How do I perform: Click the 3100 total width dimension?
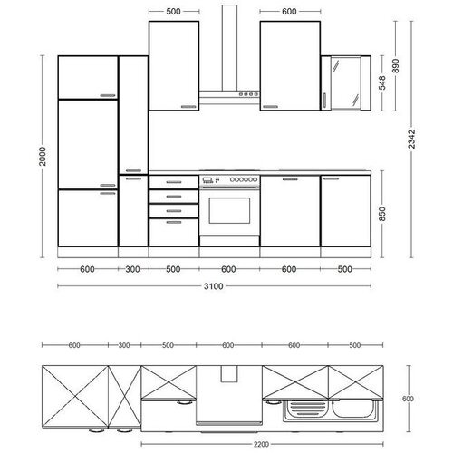(x=214, y=286)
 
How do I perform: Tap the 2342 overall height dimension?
(x=411, y=139)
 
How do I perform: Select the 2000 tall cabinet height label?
(x=43, y=156)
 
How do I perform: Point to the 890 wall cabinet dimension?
(x=395, y=66)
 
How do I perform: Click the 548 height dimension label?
(x=382, y=82)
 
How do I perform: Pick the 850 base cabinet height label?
(x=382, y=214)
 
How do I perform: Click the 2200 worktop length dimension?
(x=261, y=444)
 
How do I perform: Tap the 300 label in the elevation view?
(x=132, y=269)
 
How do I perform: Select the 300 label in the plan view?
(x=124, y=345)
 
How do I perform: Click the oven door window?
(x=229, y=211)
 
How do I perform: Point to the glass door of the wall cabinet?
(x=346, y=82)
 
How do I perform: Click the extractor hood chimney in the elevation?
(x=229, y=48)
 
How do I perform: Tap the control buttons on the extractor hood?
(x=248, y=94)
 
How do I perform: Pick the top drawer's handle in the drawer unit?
(x=174, y=182)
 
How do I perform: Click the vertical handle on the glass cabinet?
(x=325, y=101)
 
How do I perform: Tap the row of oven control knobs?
(x=244, y=179)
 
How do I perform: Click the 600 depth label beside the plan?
(x=408, y=399)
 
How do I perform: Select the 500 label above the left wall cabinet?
(x=173, y=12)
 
